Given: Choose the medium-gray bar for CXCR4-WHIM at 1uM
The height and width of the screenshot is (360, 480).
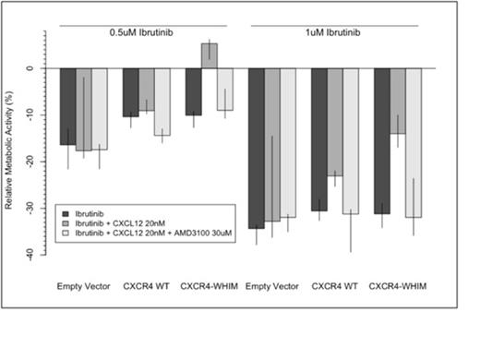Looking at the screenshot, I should [x=398, y=101].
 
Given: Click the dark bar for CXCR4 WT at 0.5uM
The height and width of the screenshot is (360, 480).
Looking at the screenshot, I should [x=131, y=92].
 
